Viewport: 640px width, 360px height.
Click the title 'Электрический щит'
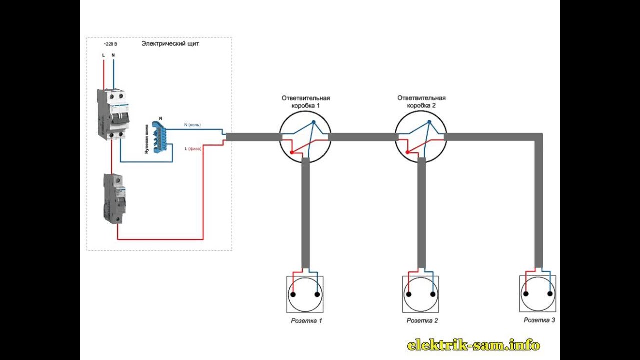click(x=170, y=44)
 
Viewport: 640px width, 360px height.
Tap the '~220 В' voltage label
click(x=110, y=44)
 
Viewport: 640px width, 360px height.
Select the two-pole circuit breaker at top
click(x=114, y=114)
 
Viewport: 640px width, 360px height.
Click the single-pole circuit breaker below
click(x=114, y=198)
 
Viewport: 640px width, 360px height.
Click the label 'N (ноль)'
click(x=192, y=125)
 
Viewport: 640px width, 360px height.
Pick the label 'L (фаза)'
click(x=193, y=149)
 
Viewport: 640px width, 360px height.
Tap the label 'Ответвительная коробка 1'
click(x=305, y=102)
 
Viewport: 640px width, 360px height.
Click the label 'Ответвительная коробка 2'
click(x=421, y=102)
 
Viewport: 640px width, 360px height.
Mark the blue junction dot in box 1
click(x=314, y=122)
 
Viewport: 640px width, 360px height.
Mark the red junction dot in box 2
click(x=408, y=152)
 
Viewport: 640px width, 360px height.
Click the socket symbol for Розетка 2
click(x=421, y=294)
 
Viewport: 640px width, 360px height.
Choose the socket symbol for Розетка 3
click(x=538, y=294)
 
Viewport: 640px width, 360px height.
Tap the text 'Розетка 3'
click(x=539, y=320)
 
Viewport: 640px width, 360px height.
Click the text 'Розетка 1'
click(x=306, y=320)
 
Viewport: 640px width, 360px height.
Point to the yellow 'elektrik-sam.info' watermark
click(x=473, y=345)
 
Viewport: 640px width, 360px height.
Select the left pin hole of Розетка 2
click(x=409, y=294)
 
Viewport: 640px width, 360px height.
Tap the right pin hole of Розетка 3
click(x=550, y=294)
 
